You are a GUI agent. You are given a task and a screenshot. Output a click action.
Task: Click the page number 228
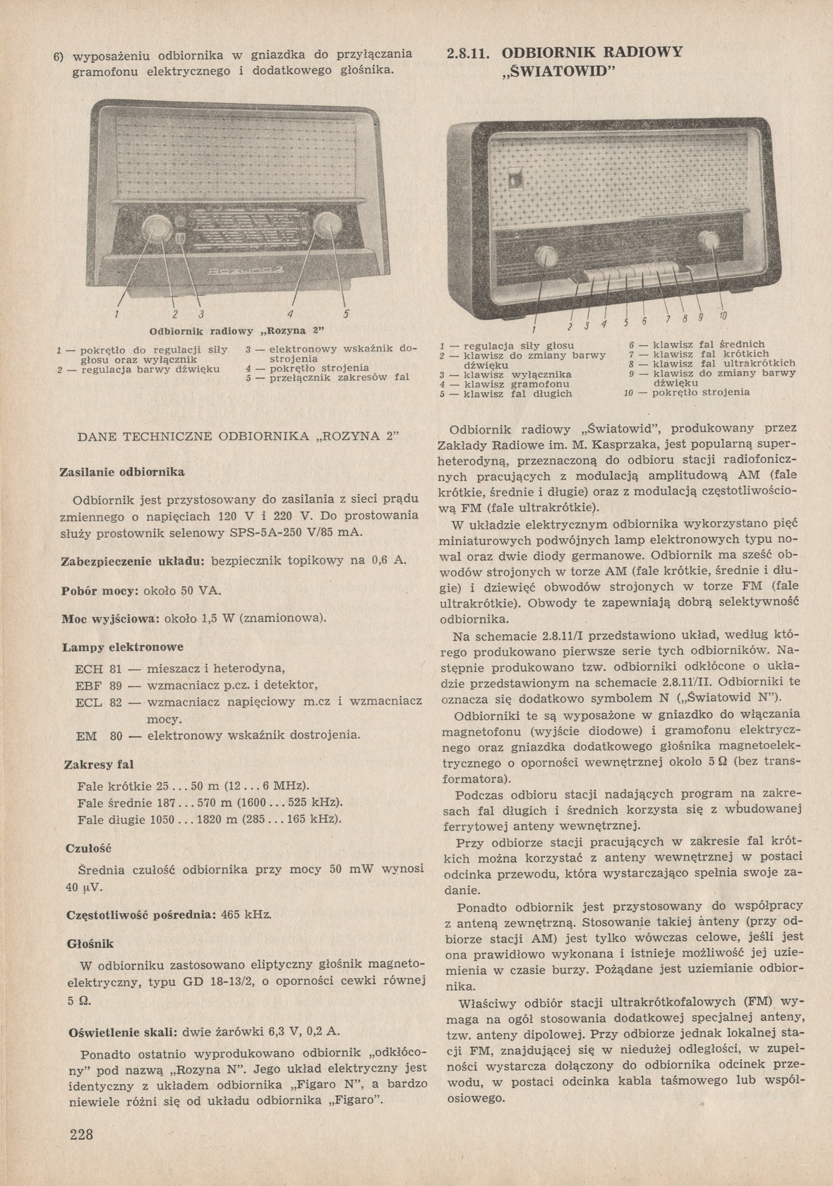click(82, 1134)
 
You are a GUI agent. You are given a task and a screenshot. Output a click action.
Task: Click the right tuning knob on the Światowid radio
click(709, 242)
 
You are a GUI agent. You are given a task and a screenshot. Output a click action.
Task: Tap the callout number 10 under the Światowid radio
click(724, 315)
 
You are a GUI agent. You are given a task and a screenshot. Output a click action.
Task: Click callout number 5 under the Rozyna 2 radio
click(346, 313)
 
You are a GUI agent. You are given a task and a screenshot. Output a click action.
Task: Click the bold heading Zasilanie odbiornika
click(122, 470)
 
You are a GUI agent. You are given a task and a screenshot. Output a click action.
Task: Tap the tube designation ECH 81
click(98, 668)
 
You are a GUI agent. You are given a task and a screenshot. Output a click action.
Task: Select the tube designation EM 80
click(99, 735)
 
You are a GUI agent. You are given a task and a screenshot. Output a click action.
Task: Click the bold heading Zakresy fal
click(99, 765)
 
